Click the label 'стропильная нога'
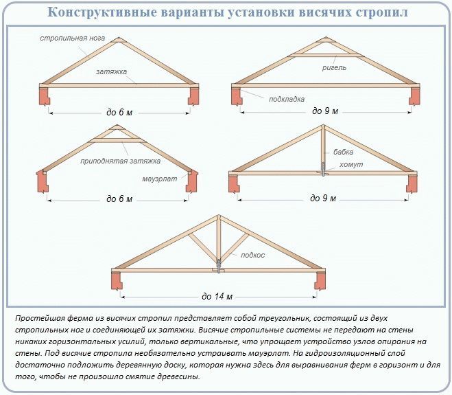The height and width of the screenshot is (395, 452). (72, 38)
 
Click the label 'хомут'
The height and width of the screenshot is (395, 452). (350, 166)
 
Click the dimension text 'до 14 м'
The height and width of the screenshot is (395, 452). (217, 297)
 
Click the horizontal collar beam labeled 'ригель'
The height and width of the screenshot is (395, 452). (322, 54)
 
